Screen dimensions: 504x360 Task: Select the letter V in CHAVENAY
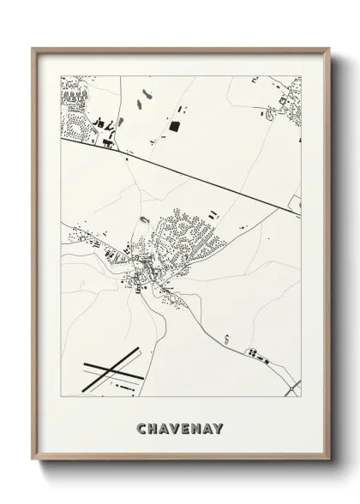[177, 426]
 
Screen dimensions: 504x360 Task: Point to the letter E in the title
[189, 426]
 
